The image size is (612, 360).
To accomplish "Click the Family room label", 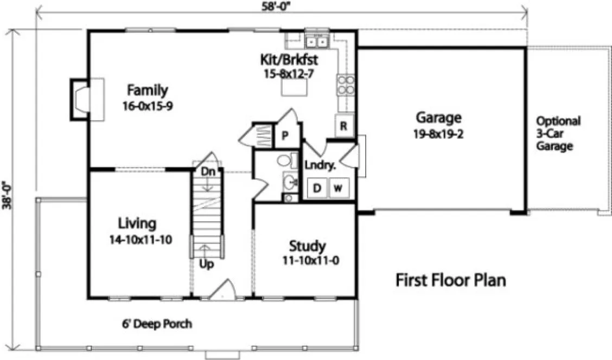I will pyautogui.click(x=147, y=90).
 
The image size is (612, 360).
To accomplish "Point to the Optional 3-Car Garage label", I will pyautogui.click(x=558, y=133).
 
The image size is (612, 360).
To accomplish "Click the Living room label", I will pyautogui.click(x=137, y=223).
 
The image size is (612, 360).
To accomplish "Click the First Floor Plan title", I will pyautogui.click(x=450, y=280).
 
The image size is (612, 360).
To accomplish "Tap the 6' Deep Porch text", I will pyautogui.click(x=157, y=324).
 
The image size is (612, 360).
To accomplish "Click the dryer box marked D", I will pyautogui.click(x=317, y=188).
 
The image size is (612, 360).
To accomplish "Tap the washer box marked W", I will pyautogui.click(x=338, y=188).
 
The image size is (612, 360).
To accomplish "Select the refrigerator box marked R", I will pyautogui.click(x=343, y=126).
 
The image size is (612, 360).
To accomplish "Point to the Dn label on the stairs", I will pyautogui.click(x=208, y=171).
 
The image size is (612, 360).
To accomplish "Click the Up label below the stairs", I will pyautogui.click(x=206, y=265).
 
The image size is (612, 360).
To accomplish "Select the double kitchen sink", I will pyautogui.click(x=317, y=40).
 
